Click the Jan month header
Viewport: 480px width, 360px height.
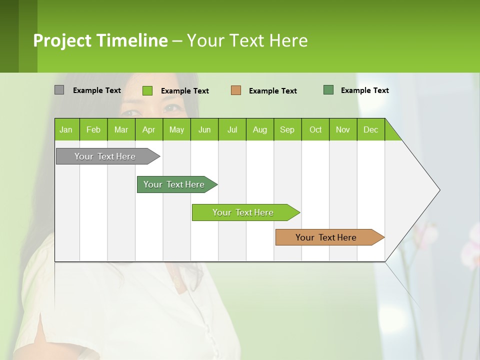coord(66,130)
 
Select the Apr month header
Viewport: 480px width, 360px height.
coord(149,130)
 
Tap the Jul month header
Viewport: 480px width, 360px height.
coord(232,130)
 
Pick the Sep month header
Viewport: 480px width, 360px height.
coord(287,130)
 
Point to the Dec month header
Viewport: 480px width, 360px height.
coord(370,130)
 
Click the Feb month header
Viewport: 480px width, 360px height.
coord(93,130)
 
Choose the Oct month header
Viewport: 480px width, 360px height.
coord(315,130)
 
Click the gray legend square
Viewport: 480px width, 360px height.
coord(59,90)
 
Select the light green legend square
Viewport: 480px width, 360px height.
coord(147,90)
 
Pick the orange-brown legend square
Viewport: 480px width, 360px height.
coord(236,90)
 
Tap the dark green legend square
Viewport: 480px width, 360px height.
coord(328,90)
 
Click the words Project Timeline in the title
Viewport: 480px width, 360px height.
coord(100,40)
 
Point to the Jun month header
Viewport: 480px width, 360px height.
coord(204,130)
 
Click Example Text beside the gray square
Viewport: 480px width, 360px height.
coord(97,90)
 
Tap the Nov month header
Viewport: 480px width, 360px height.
coord(343,130)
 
